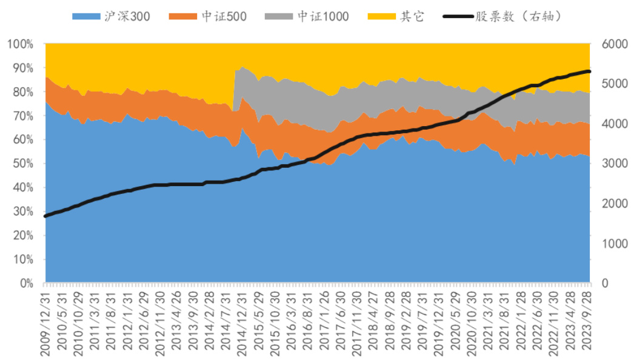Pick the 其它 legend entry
[x=396, y=16]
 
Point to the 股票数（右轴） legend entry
[x=503, y=16]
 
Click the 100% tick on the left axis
[x=22, y=44]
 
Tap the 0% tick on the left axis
[x=27, y=283]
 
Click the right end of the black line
[x=589, y=72]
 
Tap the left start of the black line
[x=46, y=216]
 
